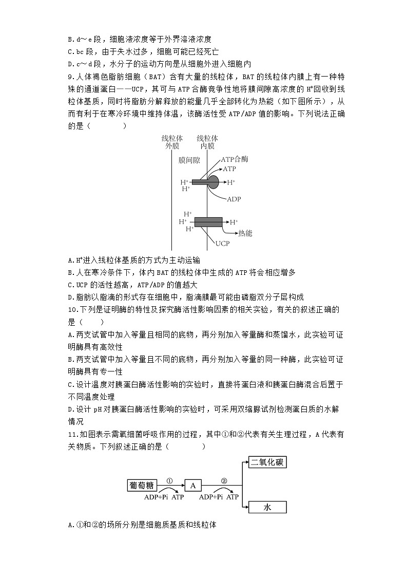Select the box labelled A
click(192, 485)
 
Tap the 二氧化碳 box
click(267, 462)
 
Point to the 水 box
click(267, 507)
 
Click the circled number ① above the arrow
click(169, 481)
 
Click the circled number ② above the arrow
click(224, 481)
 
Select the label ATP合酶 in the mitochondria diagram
click(235, 160)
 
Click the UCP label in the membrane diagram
click(222, 244)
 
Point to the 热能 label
click(245, 233)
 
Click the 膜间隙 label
click(189, 160)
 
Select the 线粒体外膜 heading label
click(172, 142)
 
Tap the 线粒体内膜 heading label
click(207, 142)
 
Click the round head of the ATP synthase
click(212, 182)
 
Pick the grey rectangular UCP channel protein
click(208, 222)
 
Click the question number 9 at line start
click(72, 77)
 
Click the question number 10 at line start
click(74, 309)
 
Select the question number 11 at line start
click(74, 434)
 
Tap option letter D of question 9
click(70, 297)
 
